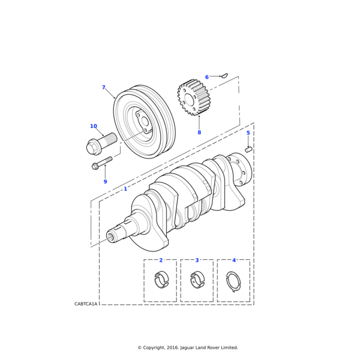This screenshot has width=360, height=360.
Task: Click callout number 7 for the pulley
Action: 103,88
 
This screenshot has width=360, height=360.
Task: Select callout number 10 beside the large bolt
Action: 94,126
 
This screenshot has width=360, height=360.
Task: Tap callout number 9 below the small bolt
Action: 105,182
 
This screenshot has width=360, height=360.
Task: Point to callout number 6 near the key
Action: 207,77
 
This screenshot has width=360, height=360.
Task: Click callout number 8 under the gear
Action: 199,133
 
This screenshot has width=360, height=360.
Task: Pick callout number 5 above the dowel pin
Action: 248,133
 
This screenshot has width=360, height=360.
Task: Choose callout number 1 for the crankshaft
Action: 125,189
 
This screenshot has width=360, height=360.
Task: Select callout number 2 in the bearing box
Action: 161,260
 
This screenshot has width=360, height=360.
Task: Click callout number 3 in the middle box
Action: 197,260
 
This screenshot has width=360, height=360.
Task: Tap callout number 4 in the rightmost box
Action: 234,260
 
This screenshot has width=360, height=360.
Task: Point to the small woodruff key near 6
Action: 224,76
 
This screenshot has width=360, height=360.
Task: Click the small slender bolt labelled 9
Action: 103,163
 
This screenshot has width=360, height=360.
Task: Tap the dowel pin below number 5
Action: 248,149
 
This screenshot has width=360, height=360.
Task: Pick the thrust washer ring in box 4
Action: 233,281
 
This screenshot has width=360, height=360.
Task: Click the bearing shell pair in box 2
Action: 161,280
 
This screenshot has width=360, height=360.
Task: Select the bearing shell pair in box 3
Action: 197,280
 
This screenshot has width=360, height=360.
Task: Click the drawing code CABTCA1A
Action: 86,304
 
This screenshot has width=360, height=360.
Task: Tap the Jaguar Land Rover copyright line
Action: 188,347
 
